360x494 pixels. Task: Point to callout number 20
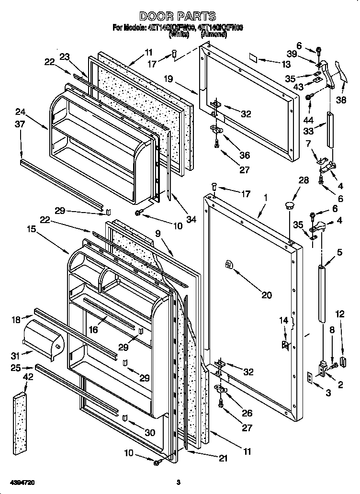tap(267, 295)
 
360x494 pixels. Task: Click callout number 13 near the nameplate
tap(286, 64)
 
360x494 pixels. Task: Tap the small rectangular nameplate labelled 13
tap(254, 57)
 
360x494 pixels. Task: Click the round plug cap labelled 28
tap(289, 205)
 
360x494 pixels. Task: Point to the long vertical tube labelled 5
tap(321, 297)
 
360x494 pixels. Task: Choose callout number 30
tap(150, 433)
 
